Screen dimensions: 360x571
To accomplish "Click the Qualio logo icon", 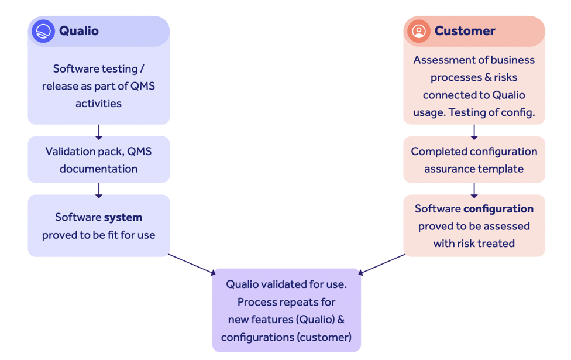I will click(43, 31).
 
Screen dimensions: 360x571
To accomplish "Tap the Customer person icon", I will click(418, 31).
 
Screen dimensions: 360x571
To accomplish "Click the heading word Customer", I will click(465, 31).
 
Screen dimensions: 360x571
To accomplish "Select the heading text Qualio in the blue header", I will click(79, 31).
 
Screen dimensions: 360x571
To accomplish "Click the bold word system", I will click(123, 217).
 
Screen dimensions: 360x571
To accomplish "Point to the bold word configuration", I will click(498, 209).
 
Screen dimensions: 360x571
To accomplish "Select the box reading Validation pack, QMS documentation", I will click(98, 160).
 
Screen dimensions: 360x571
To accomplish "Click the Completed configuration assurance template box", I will click(474, 160).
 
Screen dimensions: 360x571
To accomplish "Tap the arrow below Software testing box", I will click(98, 131).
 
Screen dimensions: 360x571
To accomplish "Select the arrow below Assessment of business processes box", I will click(474, 131).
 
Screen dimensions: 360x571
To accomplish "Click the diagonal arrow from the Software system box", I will click(192, 264).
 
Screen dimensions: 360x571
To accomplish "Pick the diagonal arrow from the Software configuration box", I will click(381, 264).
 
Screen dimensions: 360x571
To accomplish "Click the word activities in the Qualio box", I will click(98, 104).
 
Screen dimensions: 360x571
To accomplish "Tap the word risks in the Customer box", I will click(504, 77).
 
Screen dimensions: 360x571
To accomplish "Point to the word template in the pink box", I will click(502, 169).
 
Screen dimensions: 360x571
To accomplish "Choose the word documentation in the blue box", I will click(98, 169).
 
